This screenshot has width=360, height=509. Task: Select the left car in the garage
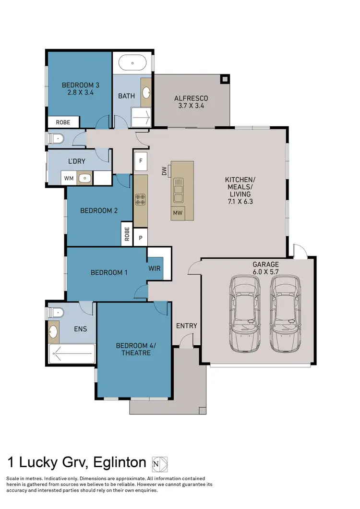[245, 313]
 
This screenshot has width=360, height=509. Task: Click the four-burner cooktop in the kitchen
[140, 199]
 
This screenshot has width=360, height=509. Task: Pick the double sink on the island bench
[179, 190]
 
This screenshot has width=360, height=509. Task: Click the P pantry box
[141, 237]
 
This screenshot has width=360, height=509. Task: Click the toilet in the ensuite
[54, 313]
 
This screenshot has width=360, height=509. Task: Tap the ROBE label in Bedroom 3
[63, 122]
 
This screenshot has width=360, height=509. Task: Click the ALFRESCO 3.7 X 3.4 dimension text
[191, 106]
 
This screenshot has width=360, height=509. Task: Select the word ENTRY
[187, 326]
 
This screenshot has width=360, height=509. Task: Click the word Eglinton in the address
[119, 462]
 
